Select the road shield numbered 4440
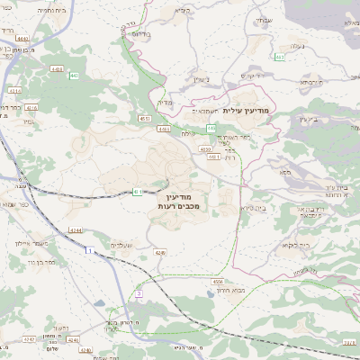[22, 39]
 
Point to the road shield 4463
[58, 68]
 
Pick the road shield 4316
[31, 107]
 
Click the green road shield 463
[281, 57]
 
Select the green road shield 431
[138, 191]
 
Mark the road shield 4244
[76, 230]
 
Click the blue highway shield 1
[90, 250]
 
